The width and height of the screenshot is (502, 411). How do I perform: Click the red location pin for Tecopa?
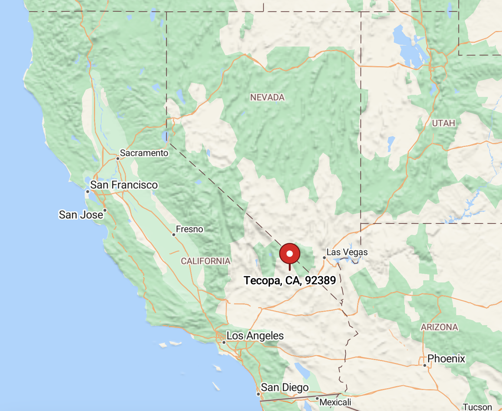pyautogui.click(x=290, y=254)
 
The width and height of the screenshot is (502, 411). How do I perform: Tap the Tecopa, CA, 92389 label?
pyautogui.click(x=290, y=281)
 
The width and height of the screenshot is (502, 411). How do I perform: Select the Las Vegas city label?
pyautogui.click(x=347, y=252)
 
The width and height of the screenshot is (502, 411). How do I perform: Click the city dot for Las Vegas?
pyautogui.click(x=324, y=258)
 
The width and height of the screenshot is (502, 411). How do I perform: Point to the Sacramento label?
pyautogui.click(x=144, y=153)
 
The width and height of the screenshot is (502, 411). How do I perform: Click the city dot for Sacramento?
pyautogui.click(x=118, y=159)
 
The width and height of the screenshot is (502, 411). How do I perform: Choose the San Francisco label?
pyautogui.click(x=124, y=185)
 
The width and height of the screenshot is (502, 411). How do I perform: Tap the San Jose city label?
pyautogui.click(x=81, y=215)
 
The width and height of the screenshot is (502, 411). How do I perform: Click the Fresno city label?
pyautogui.click(x=189, y=229)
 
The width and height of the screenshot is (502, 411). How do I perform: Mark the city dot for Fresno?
pyautogui.click(x=174, y=235)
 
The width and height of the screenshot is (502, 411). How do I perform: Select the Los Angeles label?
pyautogui.click(x=255, y=335)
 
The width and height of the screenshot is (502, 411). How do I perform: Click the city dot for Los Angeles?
pyautogui.click(x=224, y=342)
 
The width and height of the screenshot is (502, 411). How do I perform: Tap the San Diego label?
pyautogui.click(x=285, y=388)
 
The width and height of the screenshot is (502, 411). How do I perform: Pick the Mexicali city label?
pyautogui.click(x=335, y=402)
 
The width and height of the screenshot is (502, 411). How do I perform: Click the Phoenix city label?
pyautogui.click(x=446, y=359)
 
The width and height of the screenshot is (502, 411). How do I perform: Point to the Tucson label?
pyautogui.click(x=477, y=407)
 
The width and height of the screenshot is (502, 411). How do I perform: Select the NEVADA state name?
pyautogui.click(x=268, y=98)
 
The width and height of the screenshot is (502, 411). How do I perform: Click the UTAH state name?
pyautogui.click(x=443, y=123)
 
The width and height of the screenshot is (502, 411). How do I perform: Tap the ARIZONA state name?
pyautogui.click(x=440, y=327)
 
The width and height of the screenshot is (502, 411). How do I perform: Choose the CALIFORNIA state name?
pyautogui.click(x=206, y=261)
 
